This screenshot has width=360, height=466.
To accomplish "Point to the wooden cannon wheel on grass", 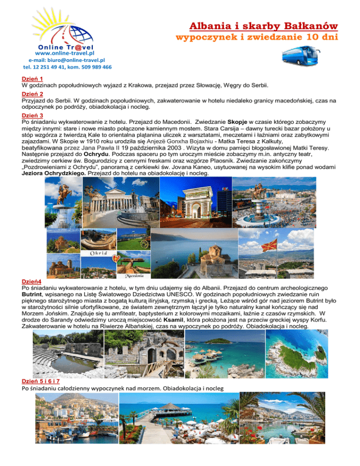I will (x=145, y=243).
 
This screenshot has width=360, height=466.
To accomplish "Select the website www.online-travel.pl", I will (x=52, y=53).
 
